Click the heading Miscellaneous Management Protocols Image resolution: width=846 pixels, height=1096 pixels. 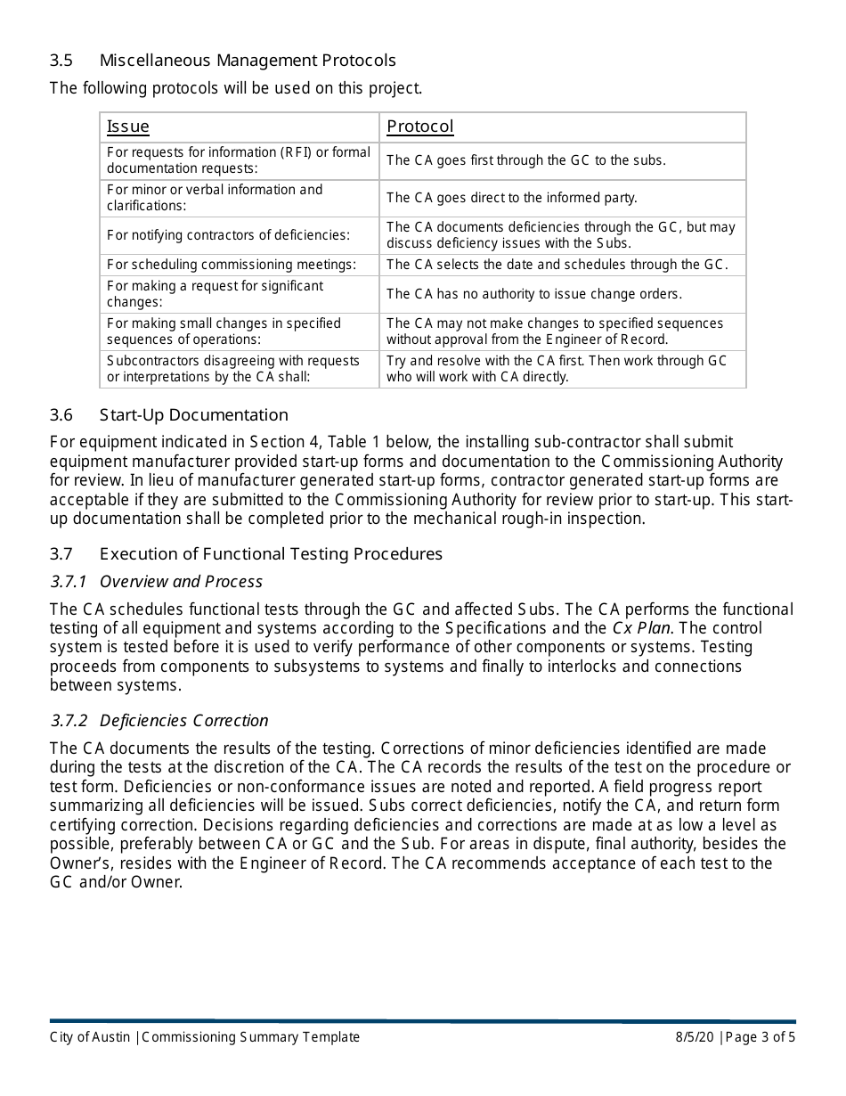(248, 61)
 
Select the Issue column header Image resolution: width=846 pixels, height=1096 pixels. (128, 127)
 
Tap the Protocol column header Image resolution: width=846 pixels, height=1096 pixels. (420, 127)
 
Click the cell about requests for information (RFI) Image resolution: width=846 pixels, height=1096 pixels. (239, 160)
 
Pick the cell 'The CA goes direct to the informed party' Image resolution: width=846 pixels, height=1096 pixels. (512, 198)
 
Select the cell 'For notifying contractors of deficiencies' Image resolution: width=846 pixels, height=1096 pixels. (229, 235)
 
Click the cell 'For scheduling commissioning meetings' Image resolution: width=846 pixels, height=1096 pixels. (232, 265)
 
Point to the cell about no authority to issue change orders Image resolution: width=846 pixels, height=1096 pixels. (534, 294)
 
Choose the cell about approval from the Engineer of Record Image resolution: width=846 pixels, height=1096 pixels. (555, 331)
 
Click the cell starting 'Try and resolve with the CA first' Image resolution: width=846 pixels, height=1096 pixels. (557, 369)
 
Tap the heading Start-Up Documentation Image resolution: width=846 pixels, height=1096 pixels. (194, 415)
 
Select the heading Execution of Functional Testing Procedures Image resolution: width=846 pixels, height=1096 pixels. (271, 554)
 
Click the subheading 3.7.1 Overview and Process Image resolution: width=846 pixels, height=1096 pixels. (157, 582)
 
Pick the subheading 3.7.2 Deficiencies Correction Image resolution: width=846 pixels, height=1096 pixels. (159, 721)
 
